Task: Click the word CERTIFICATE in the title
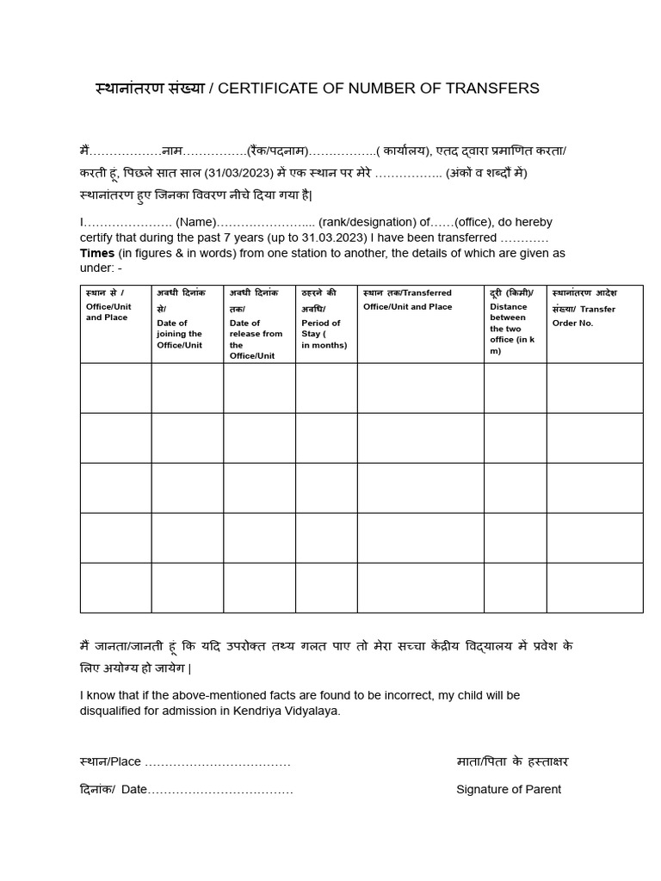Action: (x=259, y=89)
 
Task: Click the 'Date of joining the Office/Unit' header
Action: (x=179, y=334)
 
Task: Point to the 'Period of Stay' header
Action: (x=324, y=334)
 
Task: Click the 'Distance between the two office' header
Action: (x=512, y=329)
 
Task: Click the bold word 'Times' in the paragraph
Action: (x=97, y=253)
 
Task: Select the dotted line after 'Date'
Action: (x=221, y=790)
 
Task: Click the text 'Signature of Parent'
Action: (x=508, y=790)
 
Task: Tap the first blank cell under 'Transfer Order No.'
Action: (x=594, y=388)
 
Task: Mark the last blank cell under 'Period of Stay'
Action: (x=326, y=588)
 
